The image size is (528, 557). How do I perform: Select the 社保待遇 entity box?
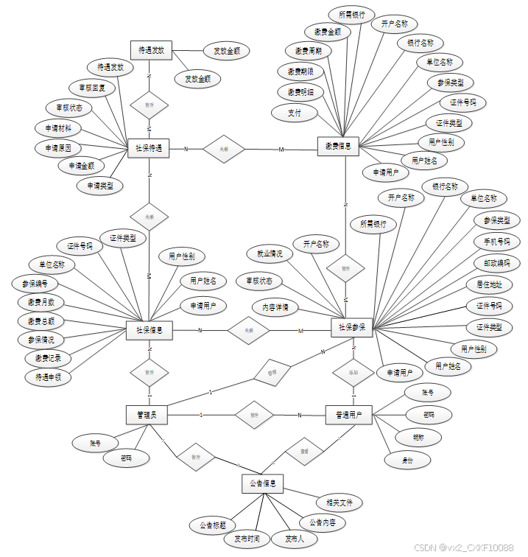tap(149, 148)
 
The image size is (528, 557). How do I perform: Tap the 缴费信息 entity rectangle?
tap(338, 147)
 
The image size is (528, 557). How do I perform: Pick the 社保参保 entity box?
tap(352, 327)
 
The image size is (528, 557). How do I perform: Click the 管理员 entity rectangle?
tap(147, 415)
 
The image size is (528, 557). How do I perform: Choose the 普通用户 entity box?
tap(348, 415)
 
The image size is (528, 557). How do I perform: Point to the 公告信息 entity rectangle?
tap(263, 484)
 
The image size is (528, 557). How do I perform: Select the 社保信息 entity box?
tap(149, 331)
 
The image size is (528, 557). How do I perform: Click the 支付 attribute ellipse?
tap(295, 113)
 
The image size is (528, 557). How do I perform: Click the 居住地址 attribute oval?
tap(488, 284)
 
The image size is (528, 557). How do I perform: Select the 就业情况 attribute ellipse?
tap(270, 253)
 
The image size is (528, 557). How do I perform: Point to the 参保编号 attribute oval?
tap(37, 283)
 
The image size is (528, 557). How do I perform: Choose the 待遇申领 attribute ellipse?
tap(48, 376)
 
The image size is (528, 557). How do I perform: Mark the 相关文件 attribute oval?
tap(339, 502)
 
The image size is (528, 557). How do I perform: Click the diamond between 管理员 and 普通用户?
tap(254, 415)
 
